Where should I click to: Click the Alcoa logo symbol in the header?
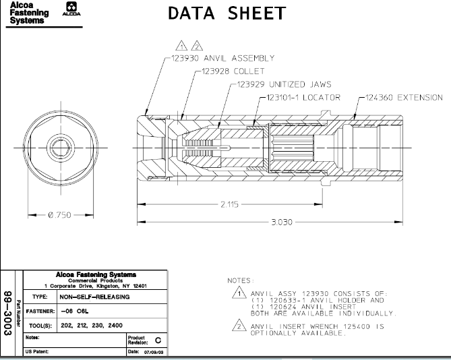click(x=69, y=10)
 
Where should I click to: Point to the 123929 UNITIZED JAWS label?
click(x=284, y=84)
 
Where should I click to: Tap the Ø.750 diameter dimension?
click(x=59, y=215)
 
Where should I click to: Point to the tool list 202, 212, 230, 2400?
click(x=92, y=325)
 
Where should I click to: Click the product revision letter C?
click(x=158, y=340)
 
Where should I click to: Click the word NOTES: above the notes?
click(x=241, y=280)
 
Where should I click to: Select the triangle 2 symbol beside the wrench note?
click(x=237, y=327)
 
